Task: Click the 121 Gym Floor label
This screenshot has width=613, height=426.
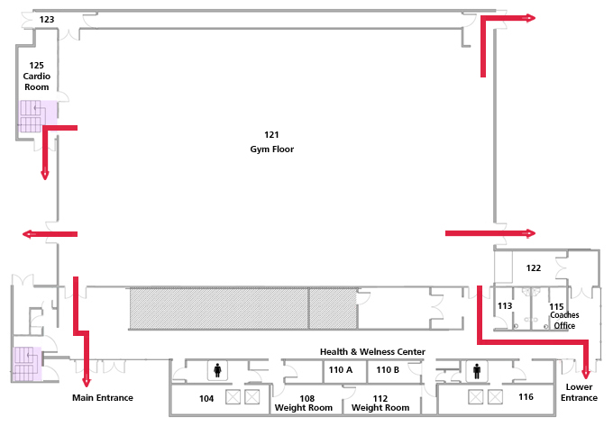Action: (271, 142)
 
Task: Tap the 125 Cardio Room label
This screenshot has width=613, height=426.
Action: (37, 77)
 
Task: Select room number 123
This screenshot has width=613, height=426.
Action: (47, 20)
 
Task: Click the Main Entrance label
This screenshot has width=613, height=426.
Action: (103, 397)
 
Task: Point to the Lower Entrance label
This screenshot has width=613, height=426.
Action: (579, 392)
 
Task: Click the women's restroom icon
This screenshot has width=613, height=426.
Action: (217, 370)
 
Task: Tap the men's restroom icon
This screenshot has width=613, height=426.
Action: (477, 370)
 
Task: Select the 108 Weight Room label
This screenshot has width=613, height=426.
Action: (304, 403)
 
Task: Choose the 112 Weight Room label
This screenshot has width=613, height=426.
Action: (380, 403)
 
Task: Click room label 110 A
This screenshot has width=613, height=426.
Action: (341, 370)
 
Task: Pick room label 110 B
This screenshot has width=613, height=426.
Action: (388, 370)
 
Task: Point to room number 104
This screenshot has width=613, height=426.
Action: (206, 399)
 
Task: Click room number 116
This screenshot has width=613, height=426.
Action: (526, 397)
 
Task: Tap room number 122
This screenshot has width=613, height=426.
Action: (534, 267)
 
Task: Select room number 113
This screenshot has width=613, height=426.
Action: (505, 305)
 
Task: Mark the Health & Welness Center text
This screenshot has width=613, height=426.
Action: (372, 352)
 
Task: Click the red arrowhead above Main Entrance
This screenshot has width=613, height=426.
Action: (87, 382)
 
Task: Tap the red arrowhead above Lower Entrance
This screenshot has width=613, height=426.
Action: (586, 374)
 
